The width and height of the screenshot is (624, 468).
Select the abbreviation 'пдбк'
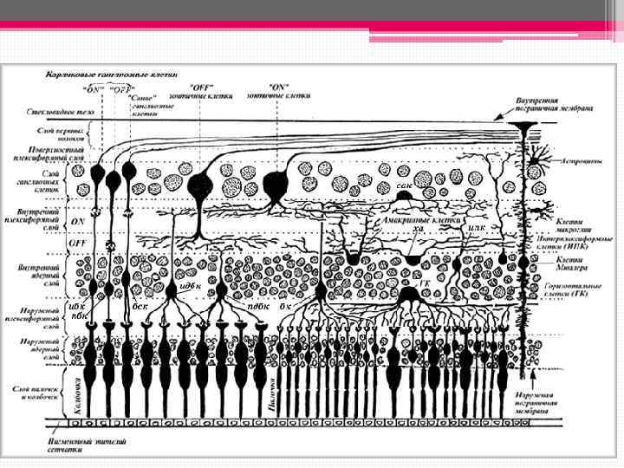[x=257, y=305]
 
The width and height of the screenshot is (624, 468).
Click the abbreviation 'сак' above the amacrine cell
[x=403, y=185]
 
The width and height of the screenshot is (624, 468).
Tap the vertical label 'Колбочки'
[x=78, y=393]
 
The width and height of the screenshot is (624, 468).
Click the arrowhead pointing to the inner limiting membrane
[x=497, y=117]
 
